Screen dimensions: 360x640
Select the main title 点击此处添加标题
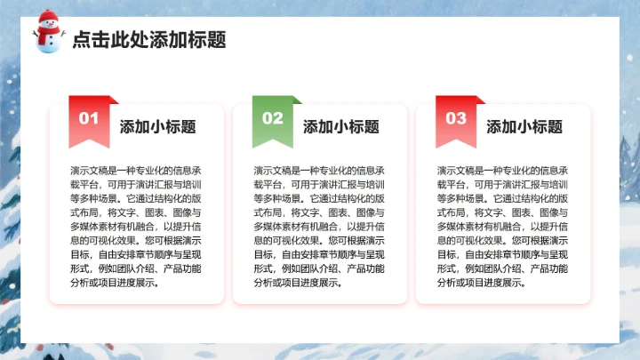pyautogui.click(x=148, y=39)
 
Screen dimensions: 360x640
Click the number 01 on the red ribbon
pyautogui.click(x=89, y=118)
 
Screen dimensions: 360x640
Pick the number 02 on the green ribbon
pyautogui.click(x=272, y=118)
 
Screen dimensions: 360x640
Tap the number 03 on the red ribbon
pyautogui.click(x=455, y=118)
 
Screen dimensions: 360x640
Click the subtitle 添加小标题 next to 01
pyautogui.click(x=157, y=126)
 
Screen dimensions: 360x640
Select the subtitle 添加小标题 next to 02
pyautogui.click(x=340, y=126)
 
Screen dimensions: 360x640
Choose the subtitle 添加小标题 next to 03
pyautogui.click(x=524, y=126)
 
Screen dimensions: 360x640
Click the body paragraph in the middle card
pyautogui.click(x=319, y=226)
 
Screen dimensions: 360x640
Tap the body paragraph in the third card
pyautogui.click(x=503, y=226)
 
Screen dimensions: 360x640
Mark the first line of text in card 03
pyautogui.click(x=503, y=170)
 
